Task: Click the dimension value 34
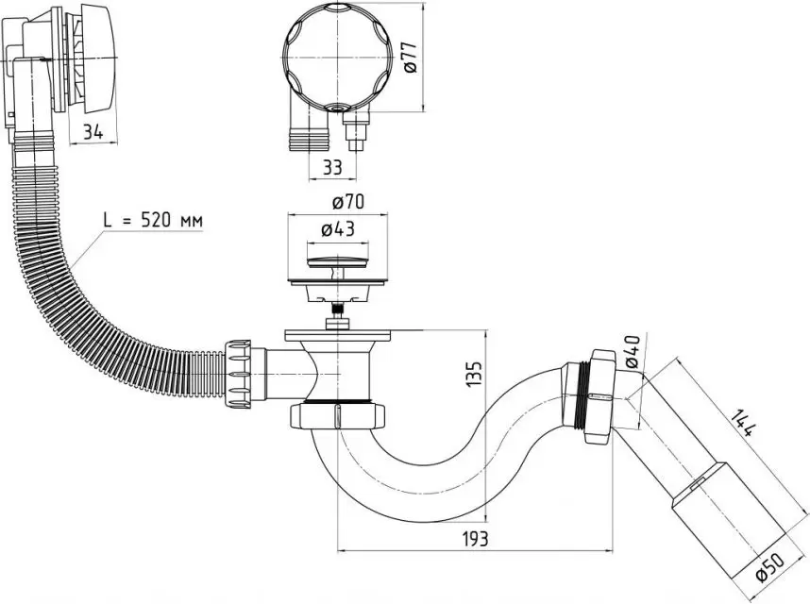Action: pyautogui.click(x=93, y=132)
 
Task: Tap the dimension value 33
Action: pyautogui.click(x=332, y=167)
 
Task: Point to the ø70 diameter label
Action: pyautogui.click(x=348, y=202)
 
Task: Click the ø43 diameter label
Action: pyautogui.click(x=338, y=229)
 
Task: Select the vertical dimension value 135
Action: pyautogui.click(x=475, y=374)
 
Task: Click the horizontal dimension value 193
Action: pyautogui.click(x=474, y=539)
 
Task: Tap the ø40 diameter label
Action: pyautogui.click(x=632, y=352)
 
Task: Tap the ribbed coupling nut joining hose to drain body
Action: pyautogui.click(x=238, y=374)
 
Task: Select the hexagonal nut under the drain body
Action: pyautogui.click(x=338, y=416)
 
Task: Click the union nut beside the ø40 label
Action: pyautogui.click(x=599, y=396)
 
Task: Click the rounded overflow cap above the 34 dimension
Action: pyautogui.click(x=98, y=59)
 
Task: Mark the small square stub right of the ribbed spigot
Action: pyautogui.click(x=355, y=130)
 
